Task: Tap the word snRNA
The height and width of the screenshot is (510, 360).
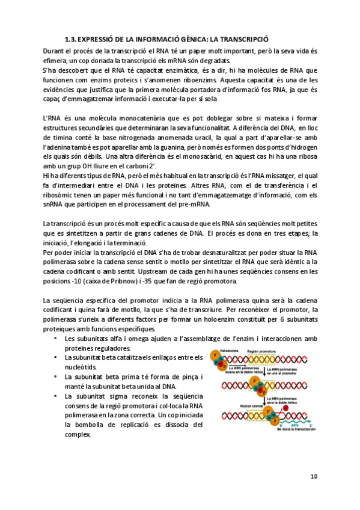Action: pyautogui.click(x=54, y=204)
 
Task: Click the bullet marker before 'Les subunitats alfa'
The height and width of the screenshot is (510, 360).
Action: pyautogui.click(x=55, y=339)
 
